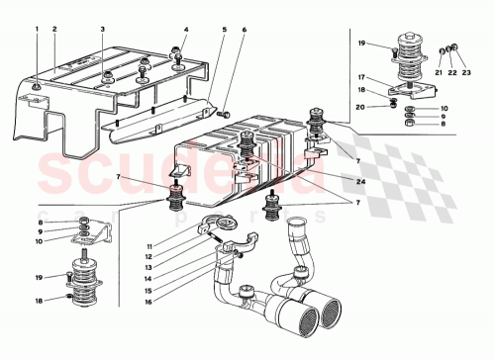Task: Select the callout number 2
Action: point(54,30)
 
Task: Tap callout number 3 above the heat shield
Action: point(103,30)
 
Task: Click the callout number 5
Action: point(224,30)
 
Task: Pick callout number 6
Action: point(244,30)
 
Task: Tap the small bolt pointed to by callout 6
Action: point(226,115)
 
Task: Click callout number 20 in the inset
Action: point(362,106)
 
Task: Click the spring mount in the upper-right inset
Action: point(403,54)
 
